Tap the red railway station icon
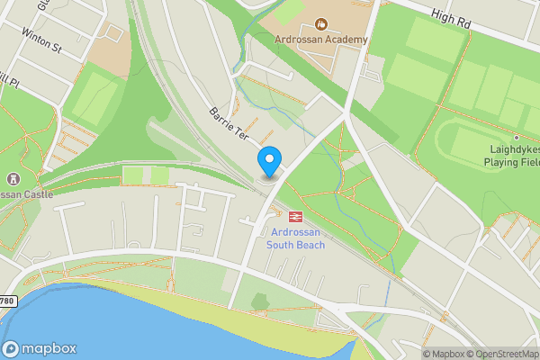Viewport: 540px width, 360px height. pos(294,215)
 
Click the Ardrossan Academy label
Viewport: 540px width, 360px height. pos(321,40)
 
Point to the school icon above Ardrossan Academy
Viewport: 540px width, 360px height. pos(321,22)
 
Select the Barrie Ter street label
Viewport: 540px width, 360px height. pos(229,125)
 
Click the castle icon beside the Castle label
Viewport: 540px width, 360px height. pos(13,179)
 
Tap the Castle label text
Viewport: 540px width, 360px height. pos(27,193)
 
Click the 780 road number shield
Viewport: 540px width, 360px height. pos(7,300)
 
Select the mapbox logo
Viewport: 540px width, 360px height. pos(40,348)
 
